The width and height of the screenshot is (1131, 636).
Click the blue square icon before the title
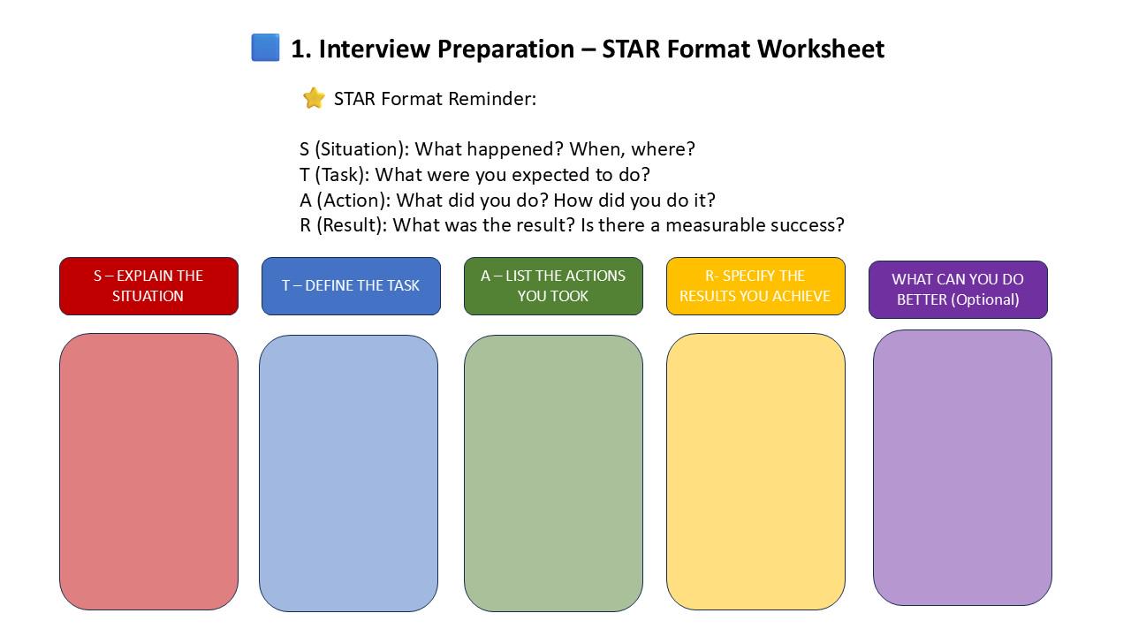[x=265, y=48]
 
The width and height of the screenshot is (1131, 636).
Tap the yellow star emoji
[x=314, y=98]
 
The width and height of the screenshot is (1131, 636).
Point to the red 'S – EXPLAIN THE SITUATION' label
[x=148, y=286]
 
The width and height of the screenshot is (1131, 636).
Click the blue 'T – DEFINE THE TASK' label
[x=351, y=286]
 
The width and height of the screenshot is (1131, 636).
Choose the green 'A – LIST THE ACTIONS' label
[x=553, y=286]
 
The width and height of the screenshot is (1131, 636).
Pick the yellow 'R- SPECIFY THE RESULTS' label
[x=755, y=286]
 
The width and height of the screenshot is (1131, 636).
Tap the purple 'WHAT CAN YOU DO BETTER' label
[x=958, y=290]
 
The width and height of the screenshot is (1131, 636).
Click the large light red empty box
[x=148, y=472]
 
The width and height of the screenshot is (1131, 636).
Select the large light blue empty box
[x=348, y=473]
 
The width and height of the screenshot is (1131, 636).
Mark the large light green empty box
[x=553, y=473]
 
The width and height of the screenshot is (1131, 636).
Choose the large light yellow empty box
[x=755, y=472]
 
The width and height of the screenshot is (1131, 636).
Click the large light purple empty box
[x=962, y=468]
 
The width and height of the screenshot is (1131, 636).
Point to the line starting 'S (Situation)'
[x=497, y=149]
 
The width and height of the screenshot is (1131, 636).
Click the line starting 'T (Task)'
[x=474, y=175]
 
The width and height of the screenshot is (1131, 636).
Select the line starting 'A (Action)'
[x=507, y=200]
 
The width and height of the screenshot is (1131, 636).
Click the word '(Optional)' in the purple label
[x=985, y=299]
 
